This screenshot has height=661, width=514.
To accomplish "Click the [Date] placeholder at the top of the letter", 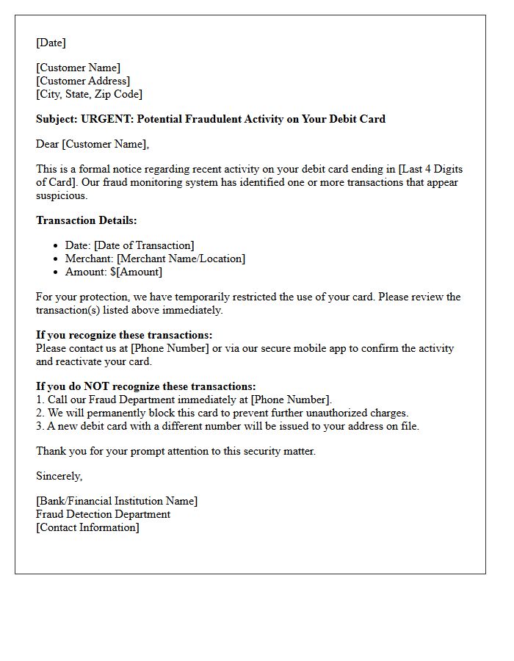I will (x=51, y=43).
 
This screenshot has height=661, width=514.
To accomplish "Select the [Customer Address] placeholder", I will (x=83, y=81).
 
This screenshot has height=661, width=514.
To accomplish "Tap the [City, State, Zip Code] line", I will (x=89, y=94).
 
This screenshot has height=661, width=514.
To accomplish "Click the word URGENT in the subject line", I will (x=106, y=119).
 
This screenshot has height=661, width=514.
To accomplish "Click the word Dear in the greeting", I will (x=48, y=144).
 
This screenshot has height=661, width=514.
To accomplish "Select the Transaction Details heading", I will (x=86, y=220).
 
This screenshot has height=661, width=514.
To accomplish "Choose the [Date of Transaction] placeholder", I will (x=144, y=245).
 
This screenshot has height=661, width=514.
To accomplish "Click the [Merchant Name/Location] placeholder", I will (x=181, y=259).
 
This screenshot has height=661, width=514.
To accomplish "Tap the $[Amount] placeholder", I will (x=137, y=272).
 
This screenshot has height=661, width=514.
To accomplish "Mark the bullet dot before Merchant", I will (x=57, y=259).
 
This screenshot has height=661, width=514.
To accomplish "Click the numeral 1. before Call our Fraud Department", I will (x=40, y=400).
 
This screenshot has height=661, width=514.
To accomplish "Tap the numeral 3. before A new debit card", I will (x=40, y=426).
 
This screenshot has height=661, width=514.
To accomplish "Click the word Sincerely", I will (x=59, y=476).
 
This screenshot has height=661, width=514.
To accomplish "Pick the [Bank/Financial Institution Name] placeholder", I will (x=117, y=501).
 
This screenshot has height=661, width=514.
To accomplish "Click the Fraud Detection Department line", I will (x=103, y=514).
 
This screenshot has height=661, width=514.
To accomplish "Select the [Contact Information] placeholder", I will (x=87, y=527).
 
